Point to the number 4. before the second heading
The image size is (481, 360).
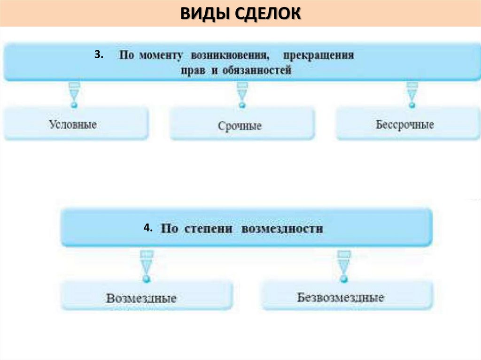tap(148, 228)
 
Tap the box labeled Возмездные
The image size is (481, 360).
tap(146, 296)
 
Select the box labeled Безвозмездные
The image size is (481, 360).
tap(346, 296)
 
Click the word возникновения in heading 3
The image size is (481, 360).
tap(230, 55)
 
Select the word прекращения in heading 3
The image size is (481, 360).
tap(318, 55)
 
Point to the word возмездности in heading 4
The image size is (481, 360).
tap(282, 229)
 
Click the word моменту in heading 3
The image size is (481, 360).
tap(160, 55)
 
